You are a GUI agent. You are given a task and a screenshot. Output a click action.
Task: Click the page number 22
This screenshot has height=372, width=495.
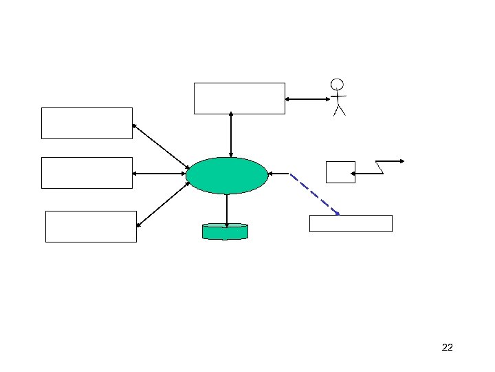(447, 347)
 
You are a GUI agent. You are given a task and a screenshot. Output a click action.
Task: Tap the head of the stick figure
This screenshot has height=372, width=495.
(337, 85)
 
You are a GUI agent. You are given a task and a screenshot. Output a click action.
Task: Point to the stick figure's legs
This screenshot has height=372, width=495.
(338, 110)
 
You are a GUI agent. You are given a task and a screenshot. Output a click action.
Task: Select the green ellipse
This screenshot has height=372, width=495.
(227, 176)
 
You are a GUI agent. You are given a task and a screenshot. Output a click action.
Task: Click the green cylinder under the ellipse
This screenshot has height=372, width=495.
(225, 231)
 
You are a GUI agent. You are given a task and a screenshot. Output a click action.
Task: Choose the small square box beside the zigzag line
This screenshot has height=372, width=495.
(340, 172)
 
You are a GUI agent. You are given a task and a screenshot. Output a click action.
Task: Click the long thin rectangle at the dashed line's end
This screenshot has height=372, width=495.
(351, 223)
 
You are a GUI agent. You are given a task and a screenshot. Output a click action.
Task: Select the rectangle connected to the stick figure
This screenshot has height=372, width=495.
(239, 98)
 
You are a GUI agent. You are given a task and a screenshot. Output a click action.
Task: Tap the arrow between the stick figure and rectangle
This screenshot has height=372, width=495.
(307, 99)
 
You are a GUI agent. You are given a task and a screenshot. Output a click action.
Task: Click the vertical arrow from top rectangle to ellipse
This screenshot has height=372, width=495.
(231, 135)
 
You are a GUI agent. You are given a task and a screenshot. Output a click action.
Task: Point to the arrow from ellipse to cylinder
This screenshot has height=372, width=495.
(226, 209)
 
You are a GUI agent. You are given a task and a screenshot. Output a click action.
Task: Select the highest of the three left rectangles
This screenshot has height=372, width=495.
(87, 123)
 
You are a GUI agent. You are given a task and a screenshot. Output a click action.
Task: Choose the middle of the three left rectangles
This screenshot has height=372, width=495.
(87, 172)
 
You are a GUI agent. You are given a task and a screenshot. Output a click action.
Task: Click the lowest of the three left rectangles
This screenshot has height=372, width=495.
(91, 226)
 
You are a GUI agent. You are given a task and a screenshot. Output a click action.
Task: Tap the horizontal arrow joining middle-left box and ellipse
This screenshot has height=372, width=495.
(159, 174)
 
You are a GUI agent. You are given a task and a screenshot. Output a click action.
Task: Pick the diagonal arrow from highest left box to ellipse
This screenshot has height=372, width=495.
(160, 145)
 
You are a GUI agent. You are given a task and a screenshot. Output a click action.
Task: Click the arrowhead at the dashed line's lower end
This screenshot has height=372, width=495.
(337, 214)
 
